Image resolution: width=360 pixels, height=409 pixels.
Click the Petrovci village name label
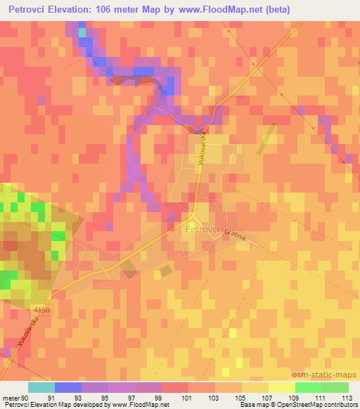tap(203, 229)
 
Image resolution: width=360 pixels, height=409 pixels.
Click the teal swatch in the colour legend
tap(41, 388)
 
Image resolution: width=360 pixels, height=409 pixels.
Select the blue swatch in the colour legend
tap(67, 388)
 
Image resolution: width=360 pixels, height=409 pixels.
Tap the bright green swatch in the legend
tap(308, 388)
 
